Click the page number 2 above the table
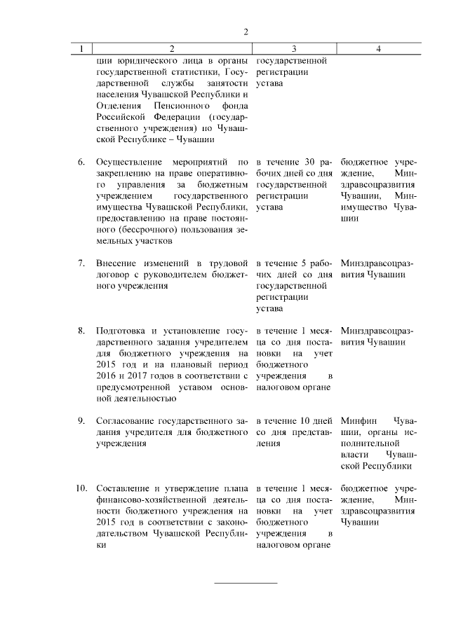click(x=246, y=32)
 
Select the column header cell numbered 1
click(x=82, y=49)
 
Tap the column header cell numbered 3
click(x=294, y=49)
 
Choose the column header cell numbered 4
click(x=378, y=49)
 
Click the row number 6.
click(x=81, y=162)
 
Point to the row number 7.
click(x=81, y=263)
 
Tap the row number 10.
click(x=80, y=488)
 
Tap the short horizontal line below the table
click(x=246, y=582)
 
